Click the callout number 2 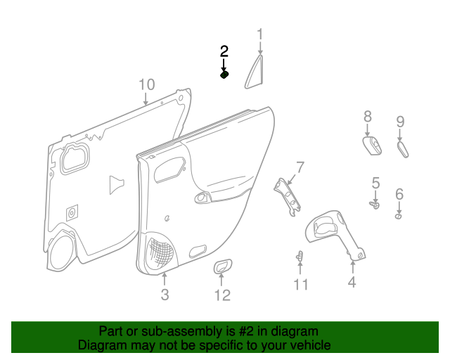coord(224,51)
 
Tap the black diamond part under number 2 coord(224,74)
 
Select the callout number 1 coord(259,34)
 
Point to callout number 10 coord(146,85)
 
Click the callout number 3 coord(165,295)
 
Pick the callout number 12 coord(222,295)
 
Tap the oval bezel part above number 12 coord(223,266)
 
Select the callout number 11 coord(301,284)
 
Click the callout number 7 coord(300,167)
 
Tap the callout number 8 coord(367,116)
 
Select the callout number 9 coord(400,121)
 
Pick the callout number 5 coord(375,184)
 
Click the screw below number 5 coord(375,205)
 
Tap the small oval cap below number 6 coord(399,217)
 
